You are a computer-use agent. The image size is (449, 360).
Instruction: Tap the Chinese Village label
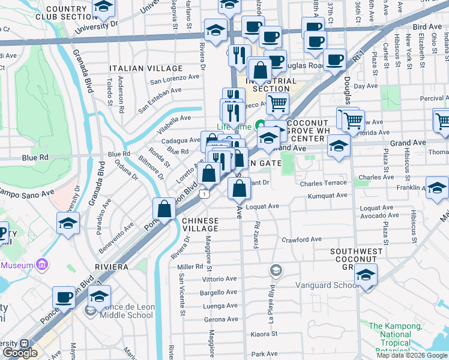200,225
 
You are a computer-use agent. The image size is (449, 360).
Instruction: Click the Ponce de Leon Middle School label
125,315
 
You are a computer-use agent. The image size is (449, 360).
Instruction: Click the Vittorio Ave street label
219,279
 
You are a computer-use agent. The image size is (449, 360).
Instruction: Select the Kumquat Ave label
327,196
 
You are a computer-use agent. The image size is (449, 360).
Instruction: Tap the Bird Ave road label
427,27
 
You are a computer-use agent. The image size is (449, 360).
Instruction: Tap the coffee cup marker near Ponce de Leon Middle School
64,297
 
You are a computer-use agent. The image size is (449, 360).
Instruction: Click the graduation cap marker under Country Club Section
104,7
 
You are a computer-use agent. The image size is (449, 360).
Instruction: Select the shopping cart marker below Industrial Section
277,103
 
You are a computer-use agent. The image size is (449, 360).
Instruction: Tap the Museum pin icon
41,264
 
